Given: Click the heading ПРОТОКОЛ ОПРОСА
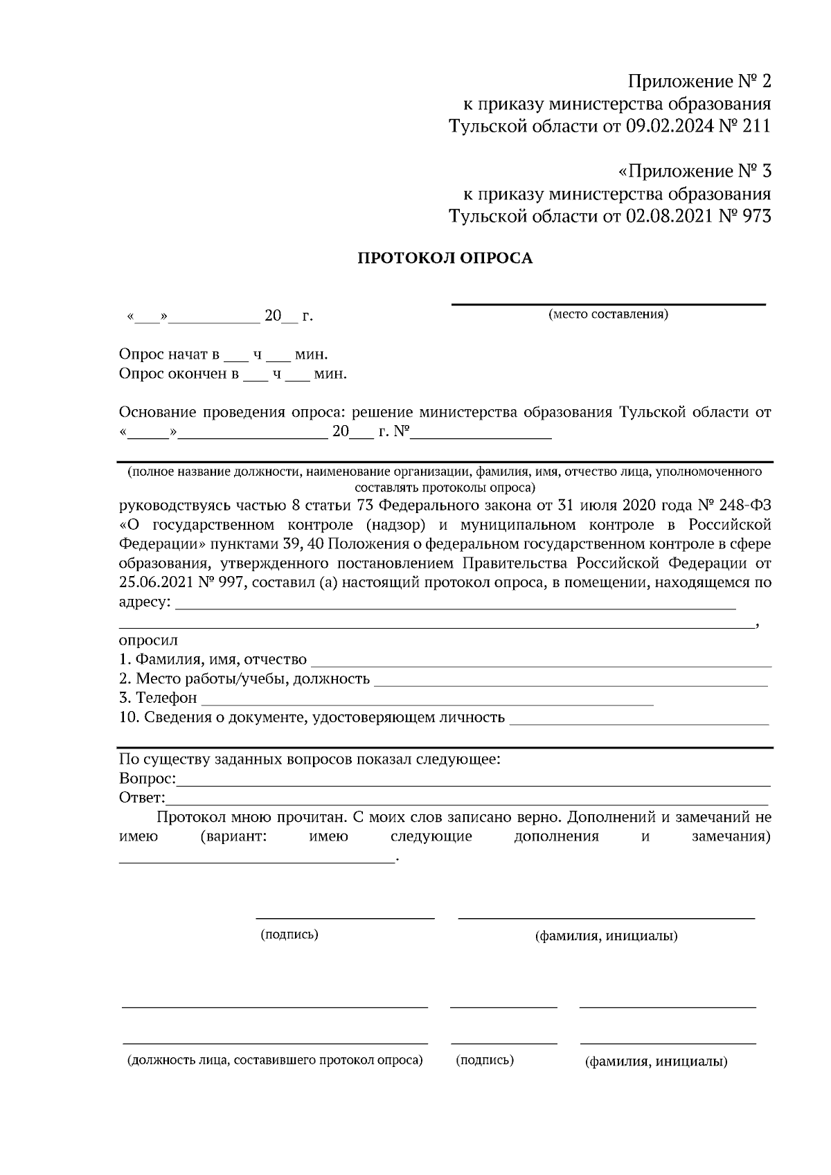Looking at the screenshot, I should click(x=445, y=259).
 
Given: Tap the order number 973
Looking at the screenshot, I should click(x=756, y=216).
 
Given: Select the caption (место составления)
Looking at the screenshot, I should click(x=608, y=315).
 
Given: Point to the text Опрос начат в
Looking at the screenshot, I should click(x=169, y=355).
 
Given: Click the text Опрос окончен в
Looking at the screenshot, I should click(x=179, y=375).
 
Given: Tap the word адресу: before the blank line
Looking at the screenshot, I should click(x=145, y=602).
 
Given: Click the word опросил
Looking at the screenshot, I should click(x=148, y=640).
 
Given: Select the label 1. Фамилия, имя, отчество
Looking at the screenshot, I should click(x=213, y=659).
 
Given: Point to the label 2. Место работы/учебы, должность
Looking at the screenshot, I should click(x=244, y=679).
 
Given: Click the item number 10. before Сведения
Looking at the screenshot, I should click(x=129, y=717).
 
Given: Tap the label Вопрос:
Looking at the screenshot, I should click(x=148, y=779).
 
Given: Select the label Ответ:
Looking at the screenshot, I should click(x=142, y=798).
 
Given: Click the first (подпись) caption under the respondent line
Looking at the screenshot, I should click(x=289, y=935).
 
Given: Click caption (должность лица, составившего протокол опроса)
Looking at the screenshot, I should click(x=274, y=1060).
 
